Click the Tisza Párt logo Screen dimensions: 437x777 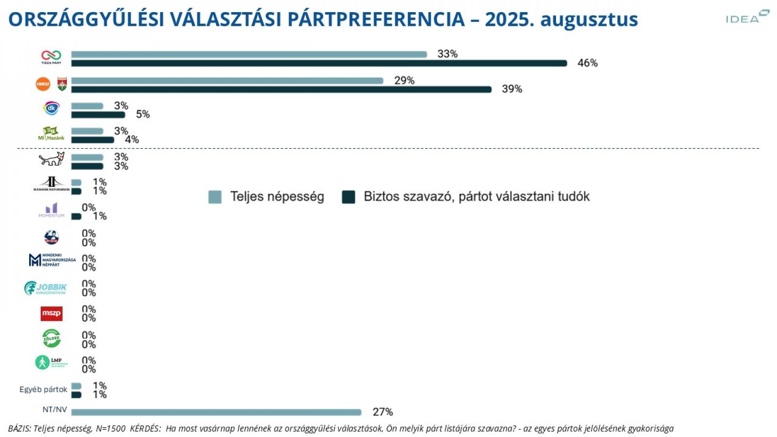click(x=51, y=57)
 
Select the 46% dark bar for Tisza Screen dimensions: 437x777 click(x=319, y=63)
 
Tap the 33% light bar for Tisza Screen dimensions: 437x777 click(x=249, y=54)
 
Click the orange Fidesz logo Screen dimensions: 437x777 click(x=43, y=84)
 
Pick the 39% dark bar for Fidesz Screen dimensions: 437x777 click(x=281, y=89)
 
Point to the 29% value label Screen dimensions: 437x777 click(x=404, y=81)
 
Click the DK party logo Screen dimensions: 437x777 click(x=51, y=108)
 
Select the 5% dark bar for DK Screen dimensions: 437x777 click(x=98, y=115)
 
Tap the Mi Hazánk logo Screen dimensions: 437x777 click(x=51, y=134)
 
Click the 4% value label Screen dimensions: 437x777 click(x=132, y=140)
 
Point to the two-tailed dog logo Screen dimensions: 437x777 click(x=51, y=159)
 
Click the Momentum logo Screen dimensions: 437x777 click(x=51, y=210)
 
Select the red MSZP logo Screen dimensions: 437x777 click(x=51, y=313)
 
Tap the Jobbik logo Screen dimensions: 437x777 click(x=46, y=288)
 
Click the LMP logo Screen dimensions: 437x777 click(x=51, y=362)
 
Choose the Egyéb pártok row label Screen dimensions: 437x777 click(x=43, y=389)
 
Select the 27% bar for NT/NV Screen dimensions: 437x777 click(x=216, y=412)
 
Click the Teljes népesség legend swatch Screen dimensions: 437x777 click(x=215, y=197)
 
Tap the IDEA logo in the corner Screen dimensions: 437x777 click(x=747, y=17)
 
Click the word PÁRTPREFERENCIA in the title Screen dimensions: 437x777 click(x=376, y=19)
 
